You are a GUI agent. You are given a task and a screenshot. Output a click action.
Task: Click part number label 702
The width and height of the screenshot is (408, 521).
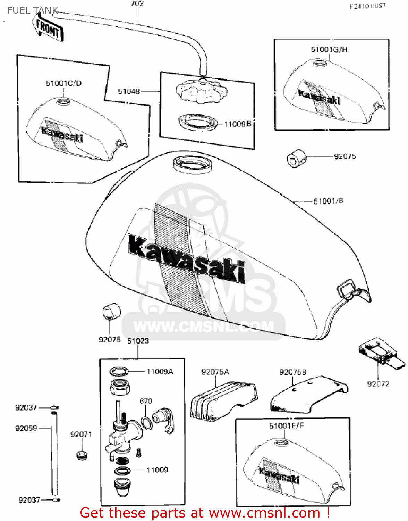(x=137, y=4)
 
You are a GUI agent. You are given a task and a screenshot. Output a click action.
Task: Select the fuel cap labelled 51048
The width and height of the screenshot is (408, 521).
(x=201, y=91)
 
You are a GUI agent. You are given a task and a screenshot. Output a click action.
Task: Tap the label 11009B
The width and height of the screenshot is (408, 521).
(x=238, y=124)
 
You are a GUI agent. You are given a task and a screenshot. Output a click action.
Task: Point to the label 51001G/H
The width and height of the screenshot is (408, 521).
(x=329, y=49)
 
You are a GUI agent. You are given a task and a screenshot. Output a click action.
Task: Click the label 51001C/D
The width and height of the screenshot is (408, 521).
(x=64, y=83)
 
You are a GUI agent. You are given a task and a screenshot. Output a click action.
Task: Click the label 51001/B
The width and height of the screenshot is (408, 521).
(x=328, y=201)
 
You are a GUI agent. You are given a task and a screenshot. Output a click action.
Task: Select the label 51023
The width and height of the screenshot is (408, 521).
(x=138, y=341)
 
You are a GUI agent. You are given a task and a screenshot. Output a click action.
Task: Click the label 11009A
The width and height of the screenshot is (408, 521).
(x=160, y=372)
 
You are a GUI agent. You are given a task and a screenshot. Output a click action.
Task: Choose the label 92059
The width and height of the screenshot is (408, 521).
(x=26, y=428)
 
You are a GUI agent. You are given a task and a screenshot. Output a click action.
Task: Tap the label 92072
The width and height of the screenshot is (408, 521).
(x=378, y=384)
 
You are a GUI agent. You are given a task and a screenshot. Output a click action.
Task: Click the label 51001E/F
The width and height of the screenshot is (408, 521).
(x=286, y=426)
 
